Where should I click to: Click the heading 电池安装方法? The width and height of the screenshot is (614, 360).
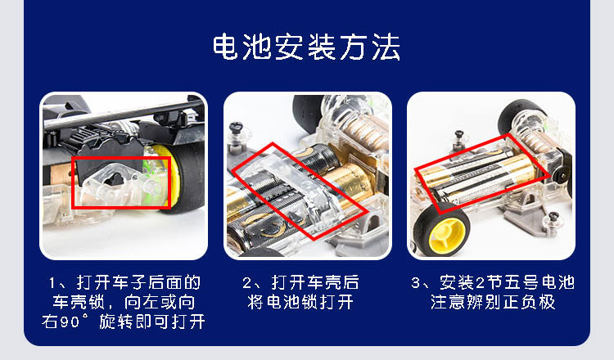pos(306,47)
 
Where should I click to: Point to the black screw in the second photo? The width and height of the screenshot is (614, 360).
pos(239,129)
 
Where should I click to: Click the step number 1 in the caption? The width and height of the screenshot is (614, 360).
pos(52,284)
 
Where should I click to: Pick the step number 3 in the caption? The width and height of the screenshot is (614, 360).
pos(416,284)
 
